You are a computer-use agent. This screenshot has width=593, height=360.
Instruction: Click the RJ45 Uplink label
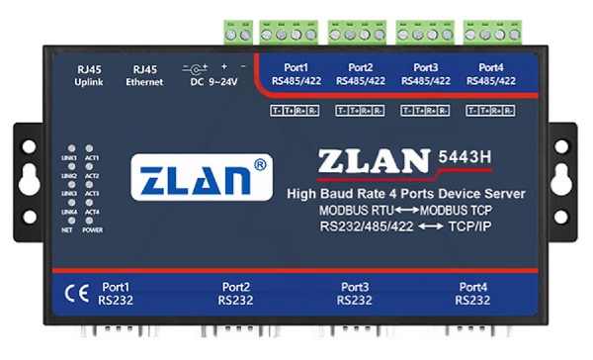89,75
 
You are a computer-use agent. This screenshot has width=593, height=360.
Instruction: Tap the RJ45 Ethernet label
144,75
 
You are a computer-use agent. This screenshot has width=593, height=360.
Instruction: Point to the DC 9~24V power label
209,76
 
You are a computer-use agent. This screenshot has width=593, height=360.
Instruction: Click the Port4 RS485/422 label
491,74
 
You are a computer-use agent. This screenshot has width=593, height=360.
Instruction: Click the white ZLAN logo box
203,178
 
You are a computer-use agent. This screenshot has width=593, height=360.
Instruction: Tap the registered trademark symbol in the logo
260,163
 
